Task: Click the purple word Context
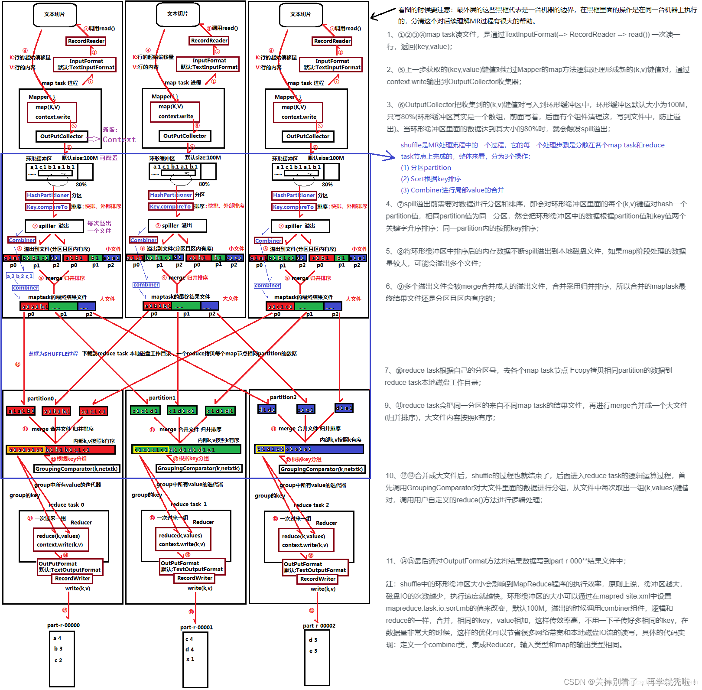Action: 119,140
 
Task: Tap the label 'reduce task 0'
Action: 66,504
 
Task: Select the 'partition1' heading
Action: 162,397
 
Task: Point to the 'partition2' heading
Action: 283,397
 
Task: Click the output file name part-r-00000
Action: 63,625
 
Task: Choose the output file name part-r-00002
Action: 319,625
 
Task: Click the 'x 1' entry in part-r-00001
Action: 190,659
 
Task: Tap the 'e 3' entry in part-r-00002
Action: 313,651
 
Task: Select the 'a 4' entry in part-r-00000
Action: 57,638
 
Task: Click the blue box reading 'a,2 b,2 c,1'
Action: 20,276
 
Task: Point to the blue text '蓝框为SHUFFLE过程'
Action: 53,354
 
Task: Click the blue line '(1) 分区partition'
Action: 426,168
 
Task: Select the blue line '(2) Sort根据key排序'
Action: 431,179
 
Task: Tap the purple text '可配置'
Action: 109,158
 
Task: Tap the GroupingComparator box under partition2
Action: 322,469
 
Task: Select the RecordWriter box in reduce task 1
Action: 195,578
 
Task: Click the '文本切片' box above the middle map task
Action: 178,14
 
